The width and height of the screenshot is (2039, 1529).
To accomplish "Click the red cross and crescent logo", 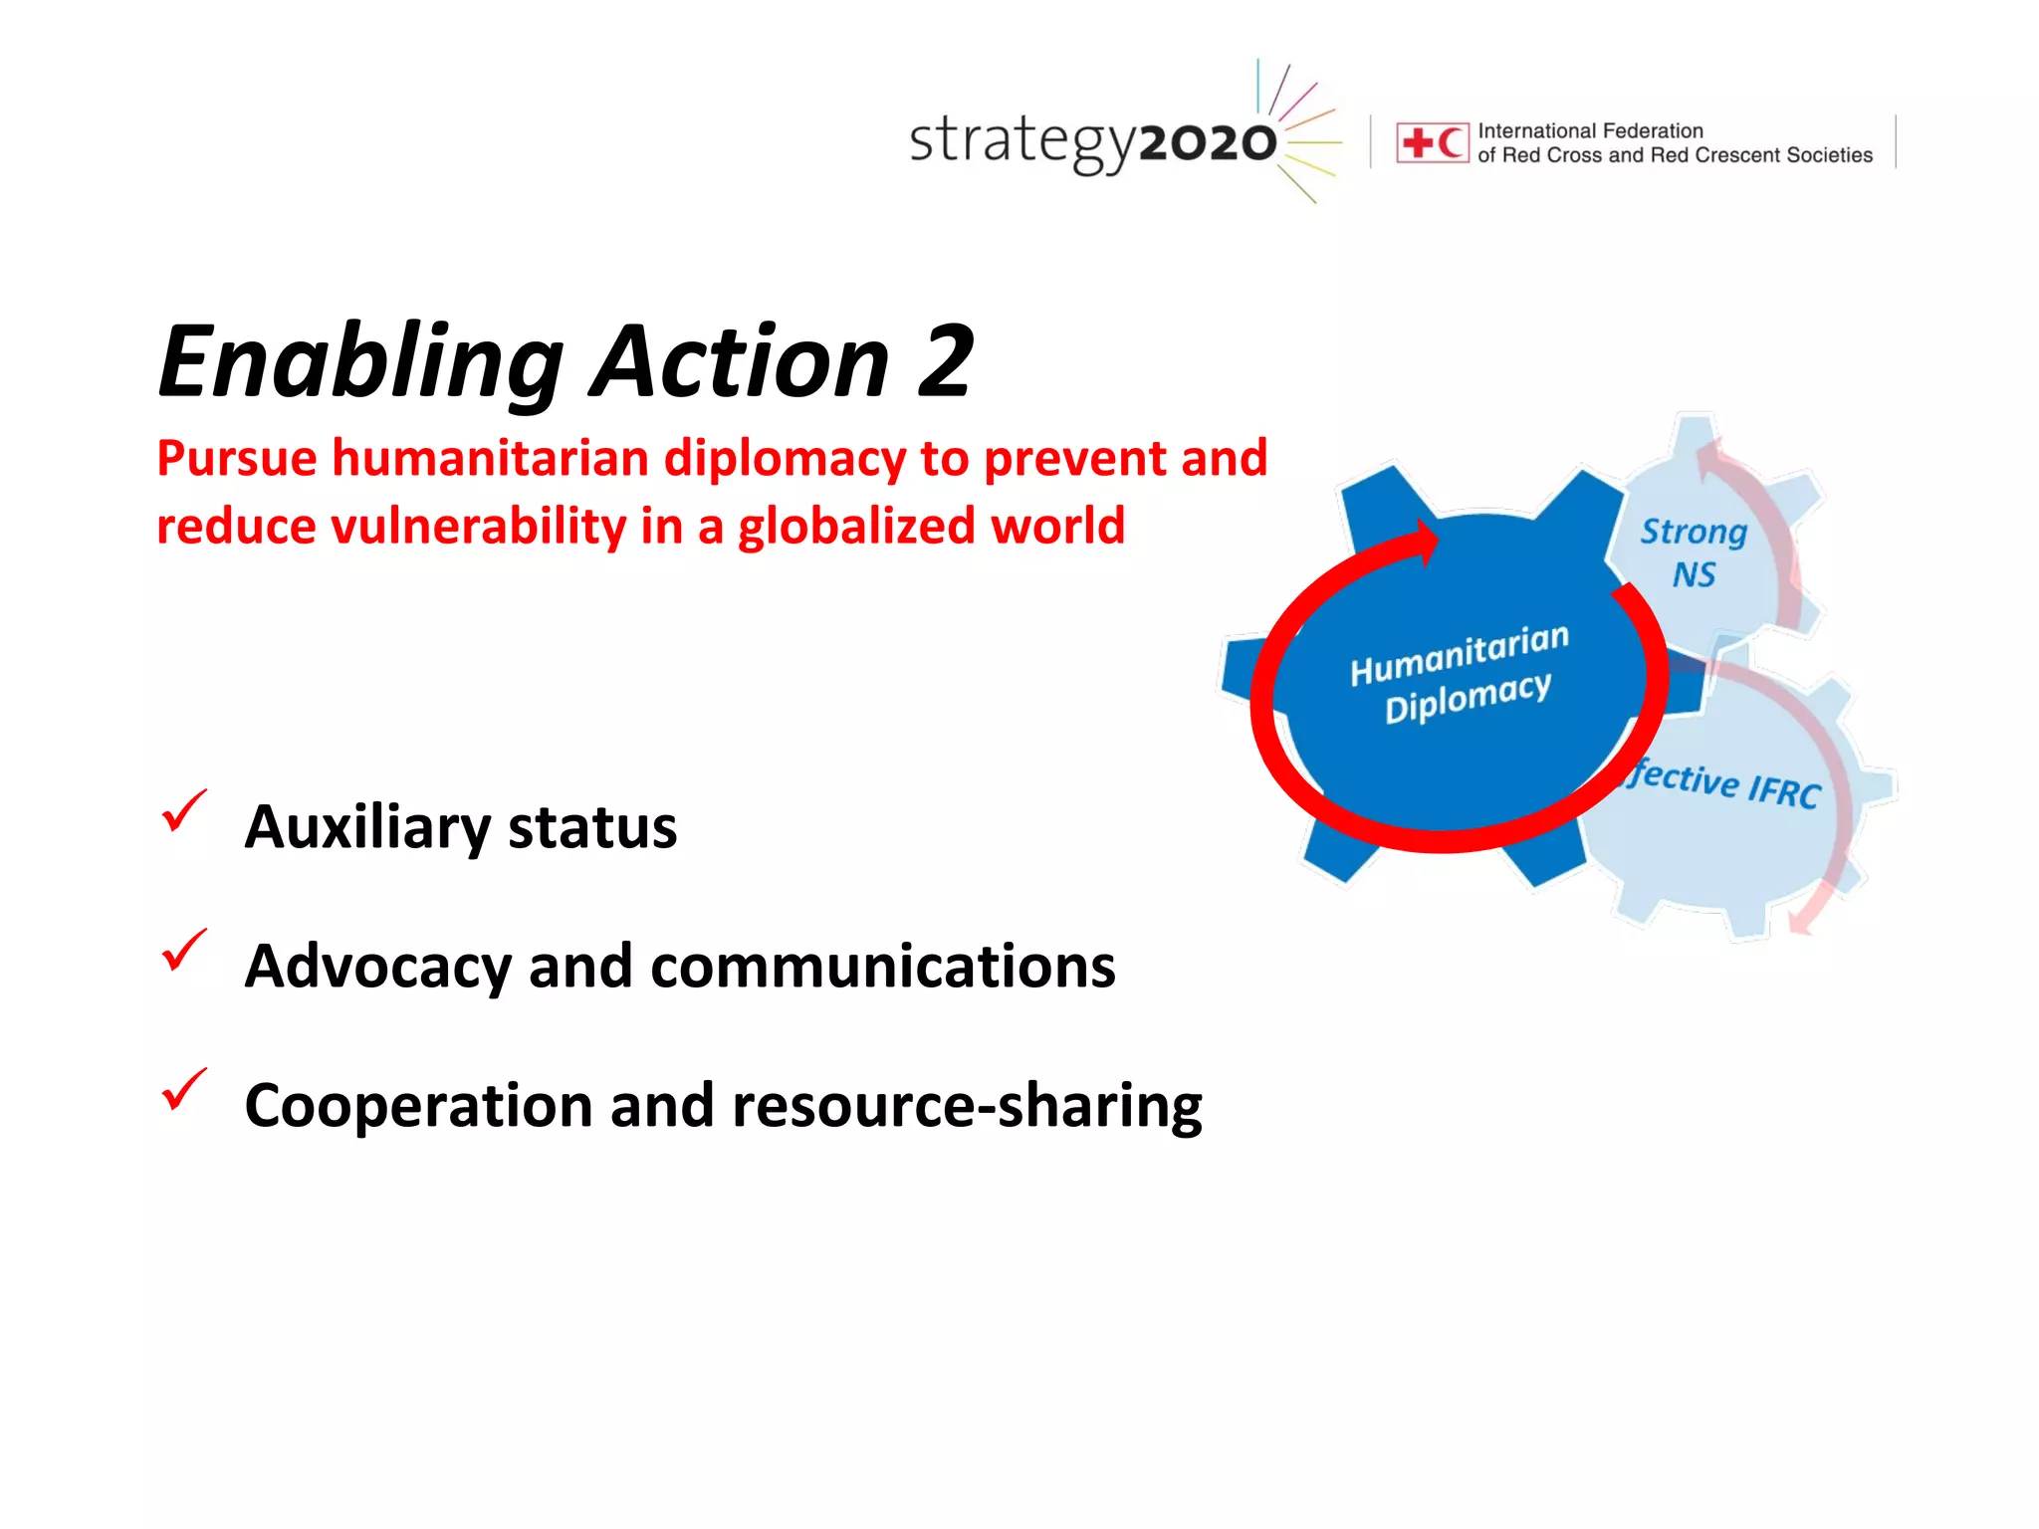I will (x=1432, y=142).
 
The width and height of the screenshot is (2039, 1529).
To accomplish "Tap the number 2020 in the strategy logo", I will (x=1207, y=143).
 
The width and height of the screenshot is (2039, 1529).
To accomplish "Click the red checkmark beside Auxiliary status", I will (x=184, y=810).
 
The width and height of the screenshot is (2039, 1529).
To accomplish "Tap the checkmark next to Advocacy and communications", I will (x=184, y=950).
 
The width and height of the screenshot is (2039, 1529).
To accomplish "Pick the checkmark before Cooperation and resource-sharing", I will (x=184, y=1089).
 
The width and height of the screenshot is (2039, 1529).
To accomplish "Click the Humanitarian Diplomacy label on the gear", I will (x=1459, y=674).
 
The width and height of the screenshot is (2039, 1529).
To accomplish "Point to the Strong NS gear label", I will (x=1694, y=552).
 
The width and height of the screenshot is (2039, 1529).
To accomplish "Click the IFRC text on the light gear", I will (x=1784, y=790).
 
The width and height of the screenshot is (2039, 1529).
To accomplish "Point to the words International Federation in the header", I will (x=1590, y=130).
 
